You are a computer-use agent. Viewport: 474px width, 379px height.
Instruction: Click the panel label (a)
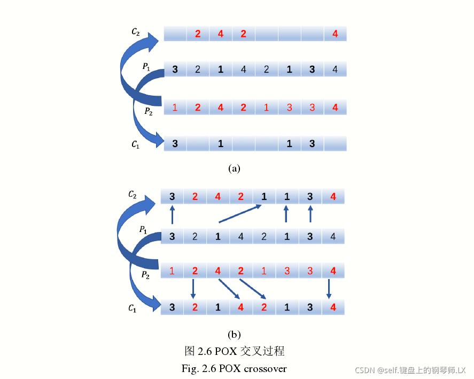click(x=234, y=168)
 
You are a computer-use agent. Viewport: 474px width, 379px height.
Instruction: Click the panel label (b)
click(x=234, y=335)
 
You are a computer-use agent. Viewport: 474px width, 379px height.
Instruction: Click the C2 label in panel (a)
click(x=136, y=32)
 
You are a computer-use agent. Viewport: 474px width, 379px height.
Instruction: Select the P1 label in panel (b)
click(x=143, y=230)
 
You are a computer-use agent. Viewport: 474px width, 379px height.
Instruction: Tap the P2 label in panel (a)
click(x=149, y=111)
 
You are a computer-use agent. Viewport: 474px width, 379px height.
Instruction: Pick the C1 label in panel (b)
click(x=133, y=308)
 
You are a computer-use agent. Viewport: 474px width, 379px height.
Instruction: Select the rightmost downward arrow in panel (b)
click(x=329, y=289)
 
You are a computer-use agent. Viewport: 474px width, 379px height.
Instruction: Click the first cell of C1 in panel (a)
click(x=175, y=144)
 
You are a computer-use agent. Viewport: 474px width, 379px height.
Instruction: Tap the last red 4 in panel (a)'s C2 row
click(x=335, y=34)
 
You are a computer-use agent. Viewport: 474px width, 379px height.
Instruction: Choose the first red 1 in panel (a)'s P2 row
click(x=175, y=107)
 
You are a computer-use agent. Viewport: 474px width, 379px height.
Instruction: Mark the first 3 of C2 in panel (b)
click(x=172, y=197)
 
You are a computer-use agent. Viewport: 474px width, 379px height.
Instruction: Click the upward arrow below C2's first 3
click(x=172, y=216)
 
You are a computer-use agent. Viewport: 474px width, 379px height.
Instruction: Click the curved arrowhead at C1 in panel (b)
click(x=156, y=305)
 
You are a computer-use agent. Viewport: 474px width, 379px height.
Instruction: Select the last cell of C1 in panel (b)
click(x=333, y=307)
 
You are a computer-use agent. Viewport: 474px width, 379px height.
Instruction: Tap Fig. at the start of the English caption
click(x=190, y=368)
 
